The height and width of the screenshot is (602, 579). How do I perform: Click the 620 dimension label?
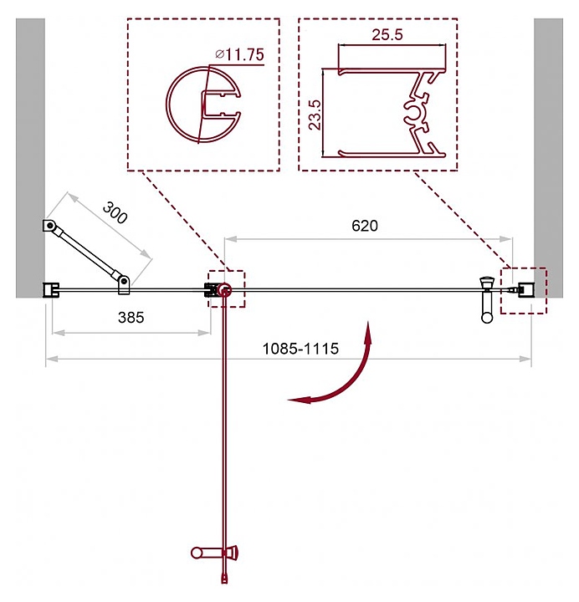(x=365, y=226)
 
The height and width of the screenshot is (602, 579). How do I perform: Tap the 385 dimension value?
(x=131, y=317)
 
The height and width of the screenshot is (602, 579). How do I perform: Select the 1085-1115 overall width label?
(x=300, y=349)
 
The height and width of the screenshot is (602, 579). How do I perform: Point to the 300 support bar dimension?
(x=115, y=212)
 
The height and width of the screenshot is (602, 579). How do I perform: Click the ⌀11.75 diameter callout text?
(x=240, y=54)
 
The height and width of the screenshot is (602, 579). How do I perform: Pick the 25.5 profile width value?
(x=387, y=34)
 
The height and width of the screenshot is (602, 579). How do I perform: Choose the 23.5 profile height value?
(x=315, y=115)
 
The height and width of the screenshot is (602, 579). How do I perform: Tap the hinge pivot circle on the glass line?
(x=224, y=290)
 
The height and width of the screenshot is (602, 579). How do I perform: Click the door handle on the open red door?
(x=214, y=553)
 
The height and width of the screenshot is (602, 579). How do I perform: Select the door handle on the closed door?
(x=487, y=299)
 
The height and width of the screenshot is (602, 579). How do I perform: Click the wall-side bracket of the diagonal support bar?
(x=49, y=226)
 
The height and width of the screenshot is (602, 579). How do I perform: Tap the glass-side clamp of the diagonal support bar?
(x=124, y=285)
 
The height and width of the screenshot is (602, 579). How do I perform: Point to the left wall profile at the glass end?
(x=51, y=290)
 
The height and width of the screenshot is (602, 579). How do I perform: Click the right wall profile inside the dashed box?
(x=525, y=289)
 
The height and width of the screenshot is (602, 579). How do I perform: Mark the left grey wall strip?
(x=30, y=158)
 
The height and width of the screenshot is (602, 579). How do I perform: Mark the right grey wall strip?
(x=548, y=158)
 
